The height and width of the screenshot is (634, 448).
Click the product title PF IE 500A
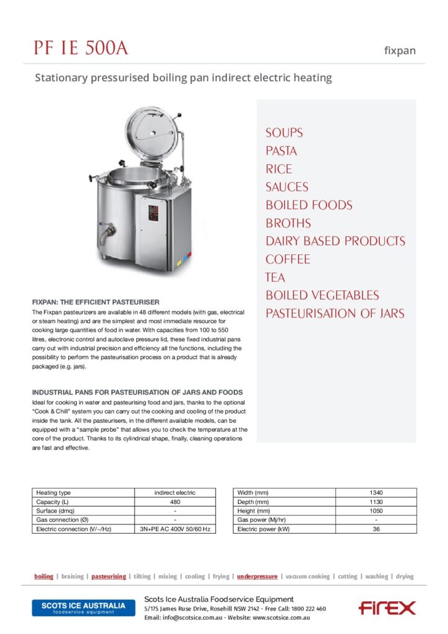(80, 48)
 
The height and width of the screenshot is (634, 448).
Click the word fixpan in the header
(400, 51)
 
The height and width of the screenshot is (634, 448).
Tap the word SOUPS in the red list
(284, 132)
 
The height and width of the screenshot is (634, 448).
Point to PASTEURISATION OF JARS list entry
(335, 313)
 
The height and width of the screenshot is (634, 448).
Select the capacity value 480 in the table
(175, 502)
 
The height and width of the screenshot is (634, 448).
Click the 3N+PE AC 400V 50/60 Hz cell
(175, 529)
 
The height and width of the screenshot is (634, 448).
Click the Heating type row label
(53, 493)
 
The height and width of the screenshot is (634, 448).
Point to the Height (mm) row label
(254, 511)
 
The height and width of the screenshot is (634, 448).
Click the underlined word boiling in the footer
(43, 576)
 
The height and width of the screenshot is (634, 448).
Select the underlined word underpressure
(257, 576)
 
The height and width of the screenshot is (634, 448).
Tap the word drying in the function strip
(405, 576)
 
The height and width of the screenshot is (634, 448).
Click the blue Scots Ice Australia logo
(83, 607)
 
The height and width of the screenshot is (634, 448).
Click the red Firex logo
(387, 608)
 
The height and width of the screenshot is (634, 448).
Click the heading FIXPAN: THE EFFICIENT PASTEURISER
(96, 302)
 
